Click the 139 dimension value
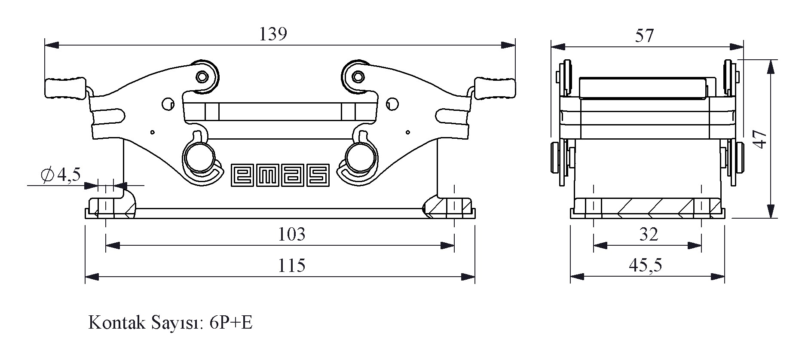[273, 34]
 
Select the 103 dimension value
[292, 234]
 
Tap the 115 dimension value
[292, 265]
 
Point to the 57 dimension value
[644, 36]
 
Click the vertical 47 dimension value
[761, 139]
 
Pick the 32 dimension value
[649, 234]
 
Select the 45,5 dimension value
[646, 265]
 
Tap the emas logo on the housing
[281, 175]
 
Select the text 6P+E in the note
[231, 323]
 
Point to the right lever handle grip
[494, 88]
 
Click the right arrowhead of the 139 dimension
[509, 45]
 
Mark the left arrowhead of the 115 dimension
[92, 277]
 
